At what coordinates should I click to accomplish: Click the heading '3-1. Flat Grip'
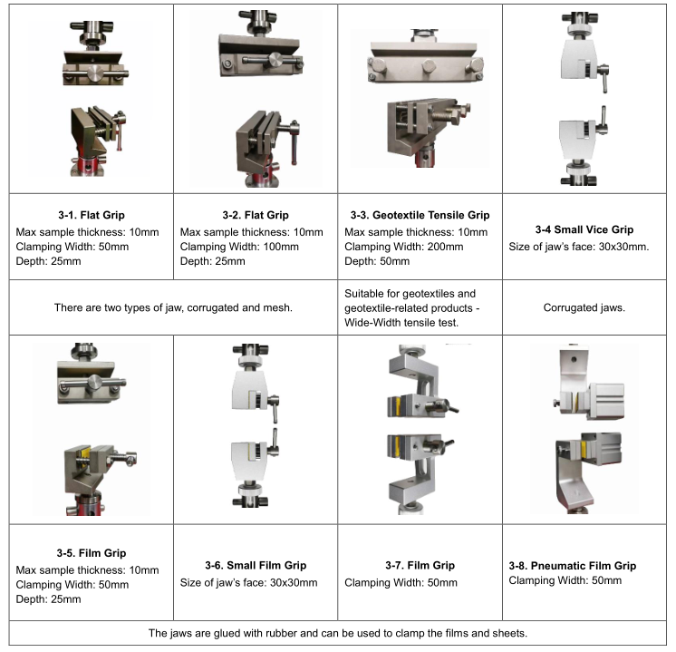(92, 215)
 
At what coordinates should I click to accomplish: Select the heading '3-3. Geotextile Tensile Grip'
(420, 215)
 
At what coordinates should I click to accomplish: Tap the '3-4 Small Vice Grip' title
(584, 229)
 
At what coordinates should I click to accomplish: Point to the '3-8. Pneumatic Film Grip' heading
(573, 566)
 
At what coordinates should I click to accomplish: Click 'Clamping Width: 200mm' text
(404, 247)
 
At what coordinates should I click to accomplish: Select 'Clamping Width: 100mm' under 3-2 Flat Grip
(239, 247)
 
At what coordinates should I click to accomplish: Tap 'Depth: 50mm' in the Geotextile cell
(377, 261)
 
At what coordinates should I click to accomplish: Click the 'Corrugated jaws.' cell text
(584, 307)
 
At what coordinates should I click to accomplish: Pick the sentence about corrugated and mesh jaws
(173, 307)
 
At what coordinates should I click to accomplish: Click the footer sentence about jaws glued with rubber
(338, 633)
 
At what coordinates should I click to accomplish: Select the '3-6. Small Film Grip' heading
(256, 565)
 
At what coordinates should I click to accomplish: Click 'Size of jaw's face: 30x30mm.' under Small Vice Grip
(579, 247)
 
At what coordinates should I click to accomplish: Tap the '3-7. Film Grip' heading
(420, 565)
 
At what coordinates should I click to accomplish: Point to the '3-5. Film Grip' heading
(92, 553)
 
